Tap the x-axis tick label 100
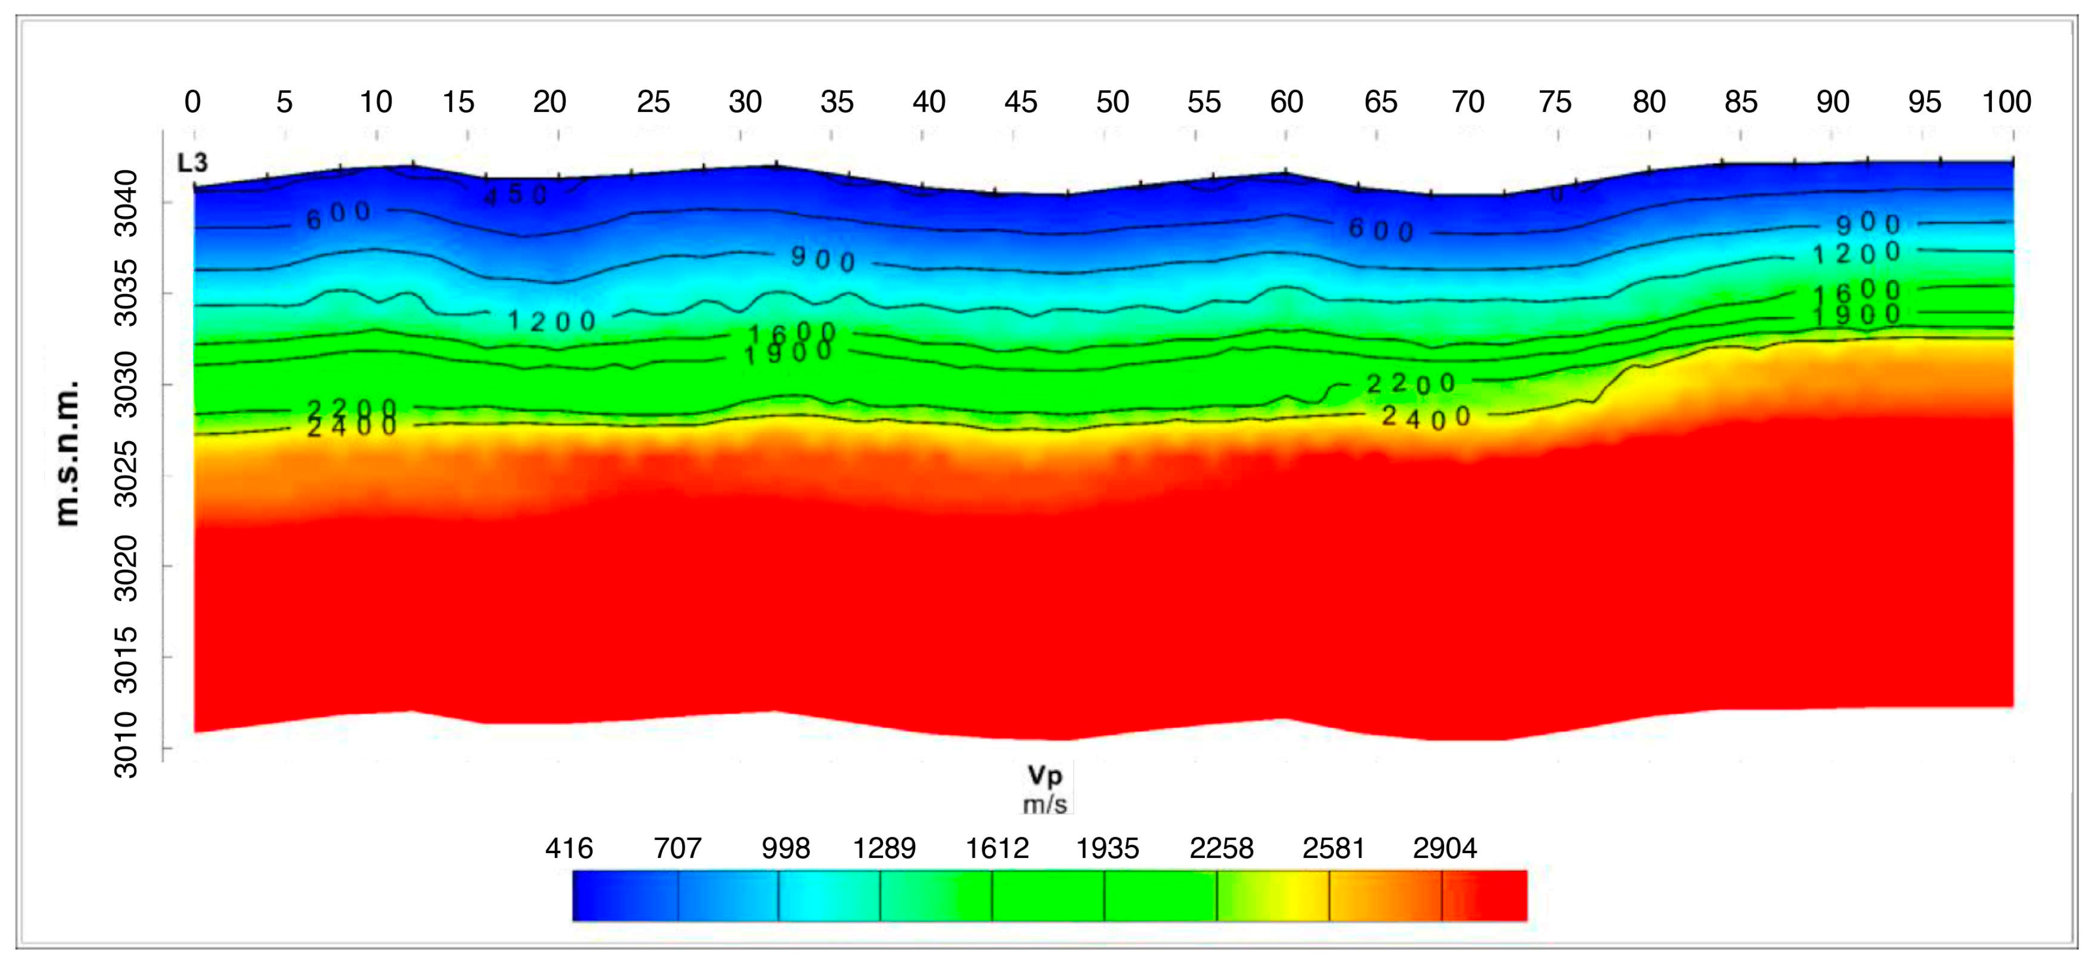pos(2005,103)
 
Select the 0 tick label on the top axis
pos(193,103)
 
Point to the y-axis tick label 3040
pos(126,203)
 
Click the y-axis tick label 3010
pos(126,744)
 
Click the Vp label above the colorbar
pos(1045,775)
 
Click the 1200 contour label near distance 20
pos(552,321)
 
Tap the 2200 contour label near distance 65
pos(1410,383)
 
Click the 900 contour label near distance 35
pos(823,259)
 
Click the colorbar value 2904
pos(1444,849)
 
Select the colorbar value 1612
pos(997,849)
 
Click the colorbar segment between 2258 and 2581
pos(1273,896)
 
